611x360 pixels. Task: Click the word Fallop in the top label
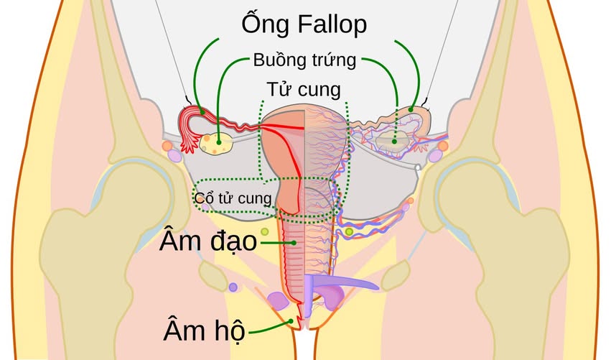point(330,26)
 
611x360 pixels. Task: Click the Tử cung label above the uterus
point(303,89)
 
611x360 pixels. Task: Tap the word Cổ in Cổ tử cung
point(206,196)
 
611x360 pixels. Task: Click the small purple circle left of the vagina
point(233,287)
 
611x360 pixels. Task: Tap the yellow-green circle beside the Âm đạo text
point(264,231)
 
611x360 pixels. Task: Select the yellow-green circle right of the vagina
point(349,232)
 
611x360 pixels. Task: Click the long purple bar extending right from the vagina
point(345,282)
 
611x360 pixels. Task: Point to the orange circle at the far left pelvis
point(167,146)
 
